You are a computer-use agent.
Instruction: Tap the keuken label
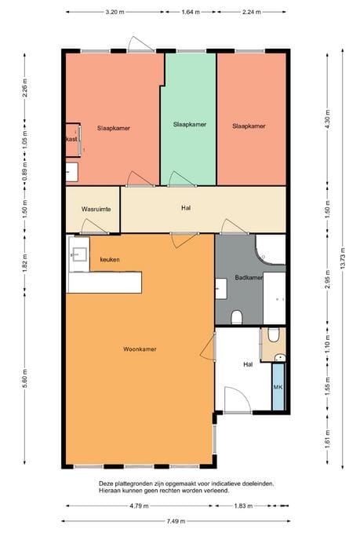(109, 259)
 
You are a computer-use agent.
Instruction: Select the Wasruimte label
(96, 210)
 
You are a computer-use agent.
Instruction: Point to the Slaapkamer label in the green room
(189, 124)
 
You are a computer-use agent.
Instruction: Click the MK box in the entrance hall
(278, 388)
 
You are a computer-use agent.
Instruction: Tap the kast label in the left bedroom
(71, 139)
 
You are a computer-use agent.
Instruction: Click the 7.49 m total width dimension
(176, 522)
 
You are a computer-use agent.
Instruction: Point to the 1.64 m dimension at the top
(189, 13)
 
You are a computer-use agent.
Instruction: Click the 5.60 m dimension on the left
(24, 381)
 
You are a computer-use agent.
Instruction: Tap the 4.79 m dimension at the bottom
(140, 506)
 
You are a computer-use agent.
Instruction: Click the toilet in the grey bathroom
(237, 317)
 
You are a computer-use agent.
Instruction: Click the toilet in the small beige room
(272, 335)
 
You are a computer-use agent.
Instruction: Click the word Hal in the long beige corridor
(186, 208)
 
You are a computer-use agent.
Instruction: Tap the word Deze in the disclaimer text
(107, 484)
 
